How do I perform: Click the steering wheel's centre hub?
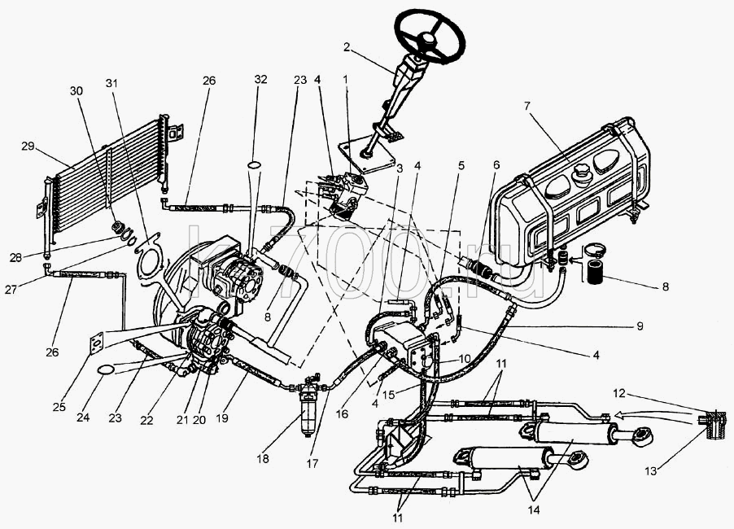tap(428, 39)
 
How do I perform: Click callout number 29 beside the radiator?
tap(28, 146)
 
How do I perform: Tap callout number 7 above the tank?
tap(527, 107)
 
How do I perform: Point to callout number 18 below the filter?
tap(263, 458)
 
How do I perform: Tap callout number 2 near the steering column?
tap(346, 46)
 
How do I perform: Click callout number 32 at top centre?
tap(260, 79)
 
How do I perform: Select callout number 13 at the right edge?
tap(651, 471)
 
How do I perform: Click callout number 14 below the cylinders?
tap(533, 509)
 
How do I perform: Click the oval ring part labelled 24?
tap(106, 369)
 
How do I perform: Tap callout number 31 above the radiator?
tap(111, 83)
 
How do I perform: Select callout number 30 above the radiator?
tap(76, 90)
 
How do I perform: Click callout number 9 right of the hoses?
tap(640, 326)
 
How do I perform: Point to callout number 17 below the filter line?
tap(312, 463)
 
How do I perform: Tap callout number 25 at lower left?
tap(59, 407)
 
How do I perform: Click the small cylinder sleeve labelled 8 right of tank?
tap(592, 273)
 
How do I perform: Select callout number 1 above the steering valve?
tap(346, 79)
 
